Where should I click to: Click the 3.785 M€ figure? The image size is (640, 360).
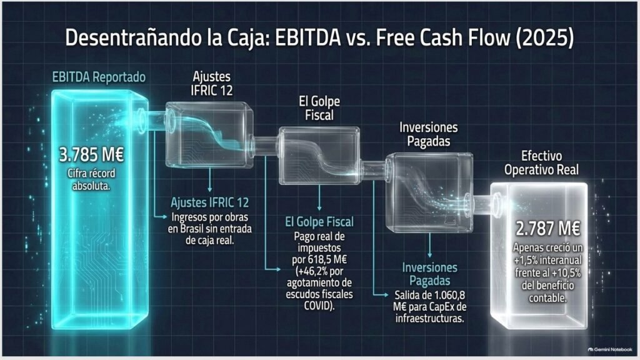(91, 155)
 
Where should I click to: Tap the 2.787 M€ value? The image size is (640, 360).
(547, 229)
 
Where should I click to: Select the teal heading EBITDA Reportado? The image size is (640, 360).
(99, 77)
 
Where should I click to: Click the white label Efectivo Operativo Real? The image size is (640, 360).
(542, 162)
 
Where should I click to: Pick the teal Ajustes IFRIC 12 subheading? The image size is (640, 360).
(210, 202)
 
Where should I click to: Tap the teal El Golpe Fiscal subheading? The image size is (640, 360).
(319, 222)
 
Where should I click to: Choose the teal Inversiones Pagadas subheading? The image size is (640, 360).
(430, 274)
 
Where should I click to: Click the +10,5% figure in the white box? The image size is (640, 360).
(566, 272)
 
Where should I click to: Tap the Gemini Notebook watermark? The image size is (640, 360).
(610, 349)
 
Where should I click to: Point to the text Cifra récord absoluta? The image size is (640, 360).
(91, 179)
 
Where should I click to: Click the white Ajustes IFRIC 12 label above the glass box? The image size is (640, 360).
(211, 83)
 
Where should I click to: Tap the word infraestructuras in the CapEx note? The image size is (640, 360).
(430, 318)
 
